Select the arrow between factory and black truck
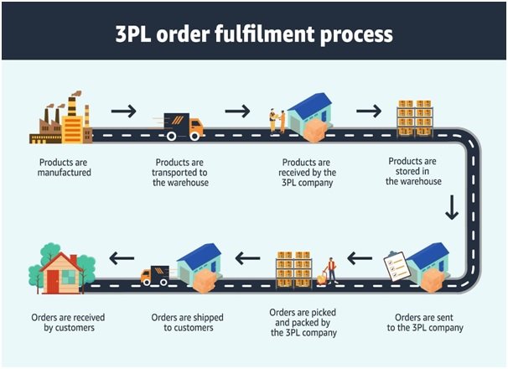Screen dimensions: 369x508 (123, 109)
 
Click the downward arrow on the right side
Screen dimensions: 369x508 (452, 207)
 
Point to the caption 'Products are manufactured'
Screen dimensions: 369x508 (64, 166)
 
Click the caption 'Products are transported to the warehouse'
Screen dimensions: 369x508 (181, 171)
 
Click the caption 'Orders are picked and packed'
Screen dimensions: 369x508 (303, 323)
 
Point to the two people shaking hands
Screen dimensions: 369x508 (277, 122)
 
